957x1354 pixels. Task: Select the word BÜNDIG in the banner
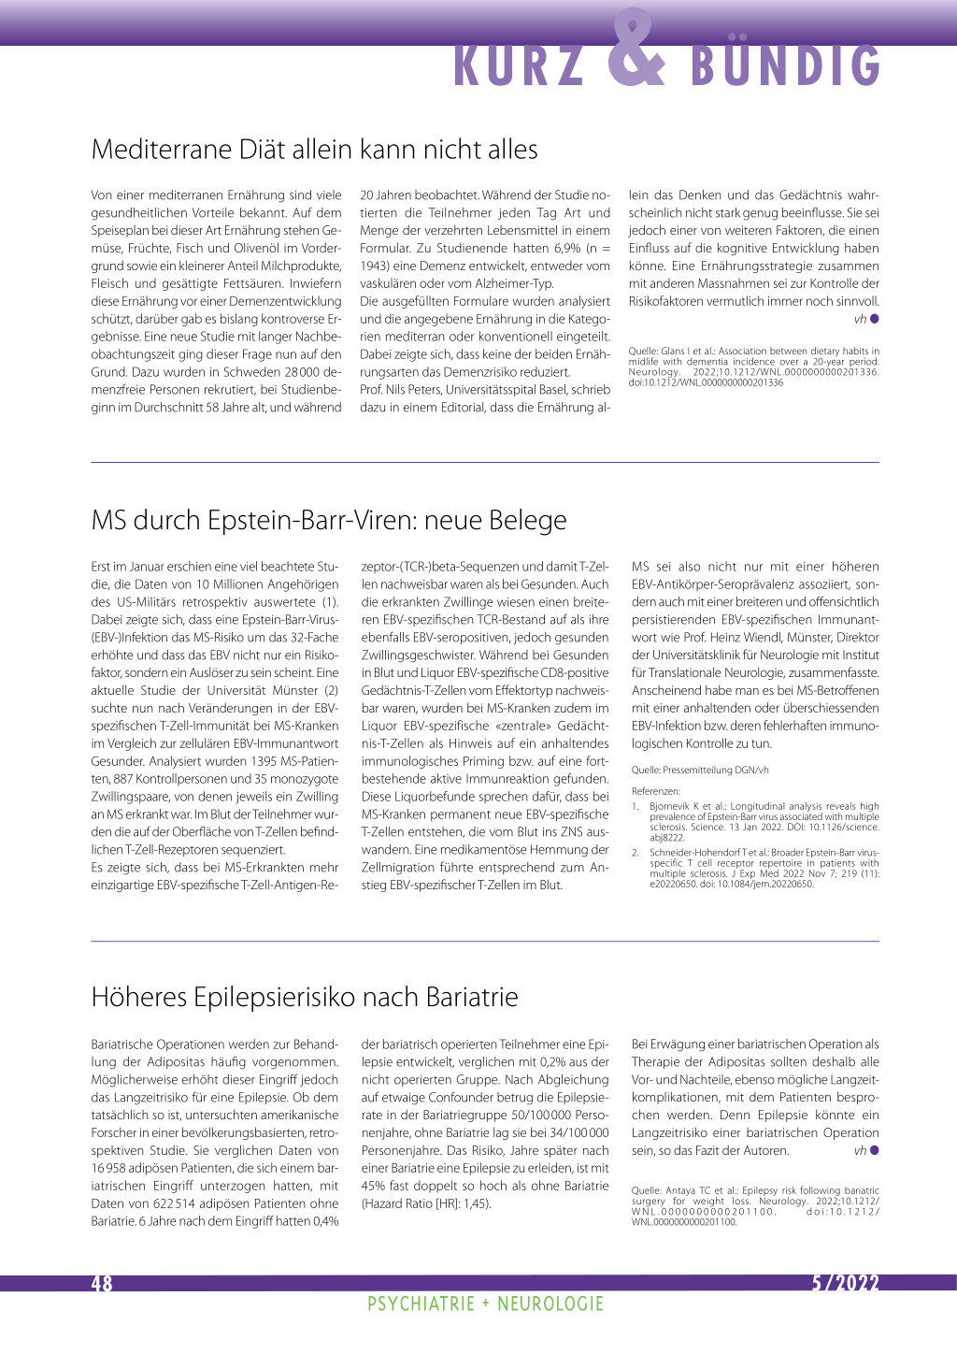tap(786, 66)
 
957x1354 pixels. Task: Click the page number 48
tap(101, 1284)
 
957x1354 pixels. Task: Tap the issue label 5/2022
tap(845, 1284)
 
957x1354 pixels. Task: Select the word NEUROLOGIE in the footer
tap(550, 1304)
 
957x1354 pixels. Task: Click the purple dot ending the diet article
tap(874, 319)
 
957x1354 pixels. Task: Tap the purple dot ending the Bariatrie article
tap(874, 1150)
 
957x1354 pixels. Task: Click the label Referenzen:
tap(656, 791)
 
